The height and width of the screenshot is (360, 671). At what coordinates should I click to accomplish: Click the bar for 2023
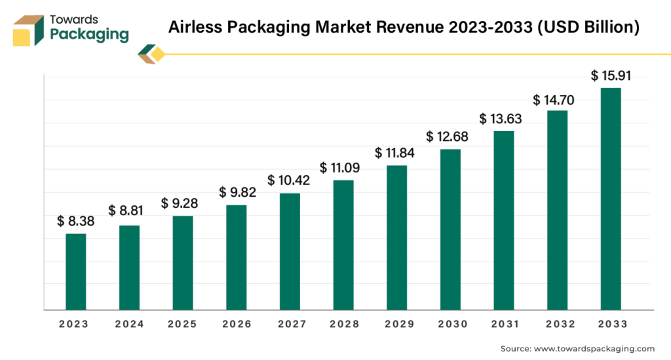click(76, 271)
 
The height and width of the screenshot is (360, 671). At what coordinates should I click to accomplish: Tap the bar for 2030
click(451, 230)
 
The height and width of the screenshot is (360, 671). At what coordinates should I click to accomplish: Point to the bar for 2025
click(183, 262)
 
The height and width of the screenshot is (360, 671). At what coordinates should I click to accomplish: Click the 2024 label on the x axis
click(129, 325)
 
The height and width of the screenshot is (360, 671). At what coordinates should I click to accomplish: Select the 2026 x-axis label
click(236, 325)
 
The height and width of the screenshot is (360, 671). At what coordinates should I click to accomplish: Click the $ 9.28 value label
click(180, 203)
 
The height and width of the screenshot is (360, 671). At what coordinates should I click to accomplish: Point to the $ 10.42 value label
click(289, 180)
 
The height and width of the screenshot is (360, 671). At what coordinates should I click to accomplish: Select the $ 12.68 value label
click(448, 137)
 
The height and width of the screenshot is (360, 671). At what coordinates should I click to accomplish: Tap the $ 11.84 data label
click(396, 153)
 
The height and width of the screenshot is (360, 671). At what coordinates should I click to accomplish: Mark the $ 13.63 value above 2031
click(501, 119)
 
